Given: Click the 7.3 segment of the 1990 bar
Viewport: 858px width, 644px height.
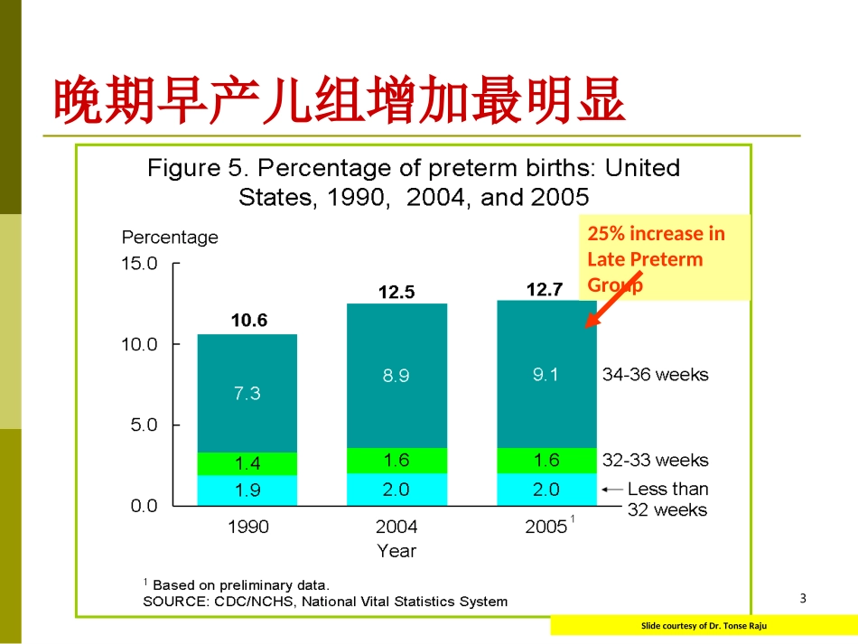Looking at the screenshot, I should (247, 393).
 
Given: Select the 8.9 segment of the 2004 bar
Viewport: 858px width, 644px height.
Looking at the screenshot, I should (396, 376).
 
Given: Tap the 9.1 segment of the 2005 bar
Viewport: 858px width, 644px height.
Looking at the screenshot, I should (546, 374).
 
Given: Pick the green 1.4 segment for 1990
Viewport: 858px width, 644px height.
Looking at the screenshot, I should (247, 463).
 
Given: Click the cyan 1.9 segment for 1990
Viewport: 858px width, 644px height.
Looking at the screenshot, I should (247, 490).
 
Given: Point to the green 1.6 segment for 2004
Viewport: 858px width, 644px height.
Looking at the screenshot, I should (396, 460).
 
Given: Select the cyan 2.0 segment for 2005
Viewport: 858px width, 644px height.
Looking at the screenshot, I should (546, 489).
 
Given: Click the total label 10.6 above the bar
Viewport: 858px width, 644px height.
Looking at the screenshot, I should (248, 321).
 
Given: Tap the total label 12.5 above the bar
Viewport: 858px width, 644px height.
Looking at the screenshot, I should (396, 292).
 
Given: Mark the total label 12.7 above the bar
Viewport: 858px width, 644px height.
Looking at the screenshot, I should (545, 289).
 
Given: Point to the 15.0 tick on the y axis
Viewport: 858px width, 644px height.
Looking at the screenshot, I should (139, 264).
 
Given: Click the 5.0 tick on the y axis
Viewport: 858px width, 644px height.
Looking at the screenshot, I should (144, 425).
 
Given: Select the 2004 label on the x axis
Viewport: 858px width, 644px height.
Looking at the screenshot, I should (396, 527).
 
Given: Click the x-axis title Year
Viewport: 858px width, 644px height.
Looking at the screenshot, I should (396, 550).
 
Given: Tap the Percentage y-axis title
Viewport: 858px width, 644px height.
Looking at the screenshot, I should (170, 238).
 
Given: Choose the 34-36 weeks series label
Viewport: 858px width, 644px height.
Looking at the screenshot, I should (655, 374).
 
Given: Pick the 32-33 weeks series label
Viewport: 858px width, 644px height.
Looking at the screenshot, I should (655, 460).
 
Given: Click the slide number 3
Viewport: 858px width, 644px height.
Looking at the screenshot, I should (803, 598).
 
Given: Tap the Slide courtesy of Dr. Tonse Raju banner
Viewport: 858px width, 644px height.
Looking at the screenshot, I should (704, 625).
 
